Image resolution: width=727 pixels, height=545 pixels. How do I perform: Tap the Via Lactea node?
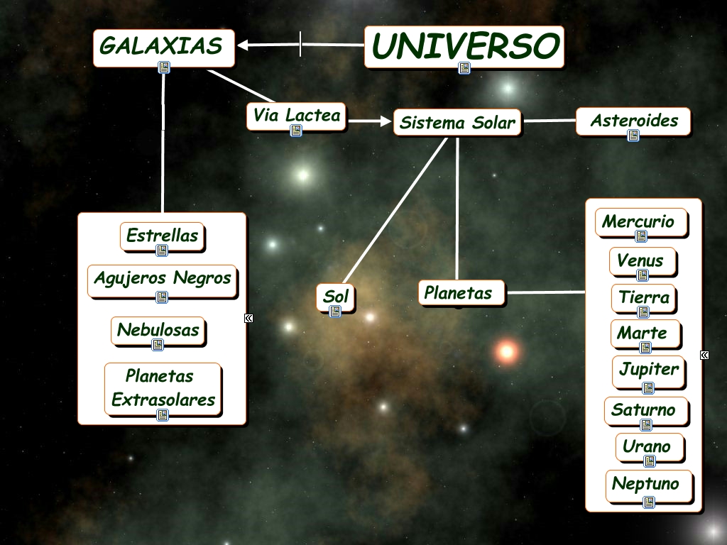[x=297, y=115]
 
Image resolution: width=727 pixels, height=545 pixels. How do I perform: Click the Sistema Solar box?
[x=457, y=122]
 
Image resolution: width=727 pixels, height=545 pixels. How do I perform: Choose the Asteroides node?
[x=633, y=121]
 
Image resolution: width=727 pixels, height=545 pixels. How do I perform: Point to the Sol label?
[x=336, y=297]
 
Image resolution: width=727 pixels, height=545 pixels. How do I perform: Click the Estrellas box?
[x=163, y=236]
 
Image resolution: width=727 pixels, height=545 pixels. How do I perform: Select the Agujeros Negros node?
[x=163, y=278]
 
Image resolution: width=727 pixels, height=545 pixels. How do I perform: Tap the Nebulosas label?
[x=158, y=330]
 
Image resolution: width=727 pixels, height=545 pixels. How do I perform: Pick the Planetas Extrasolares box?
[x=163, y=388]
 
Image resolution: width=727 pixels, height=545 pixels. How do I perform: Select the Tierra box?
[x=643, y=297]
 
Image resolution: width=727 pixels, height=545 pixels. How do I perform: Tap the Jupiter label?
[x=648, y=370]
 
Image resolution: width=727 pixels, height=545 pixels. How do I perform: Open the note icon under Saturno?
[x=646, y=425]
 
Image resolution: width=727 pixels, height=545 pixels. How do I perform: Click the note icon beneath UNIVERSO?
[x=464, y=68]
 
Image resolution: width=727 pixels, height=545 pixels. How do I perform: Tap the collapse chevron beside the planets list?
[x=704, y=355]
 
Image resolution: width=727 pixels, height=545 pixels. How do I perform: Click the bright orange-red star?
[x=507, y=350]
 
